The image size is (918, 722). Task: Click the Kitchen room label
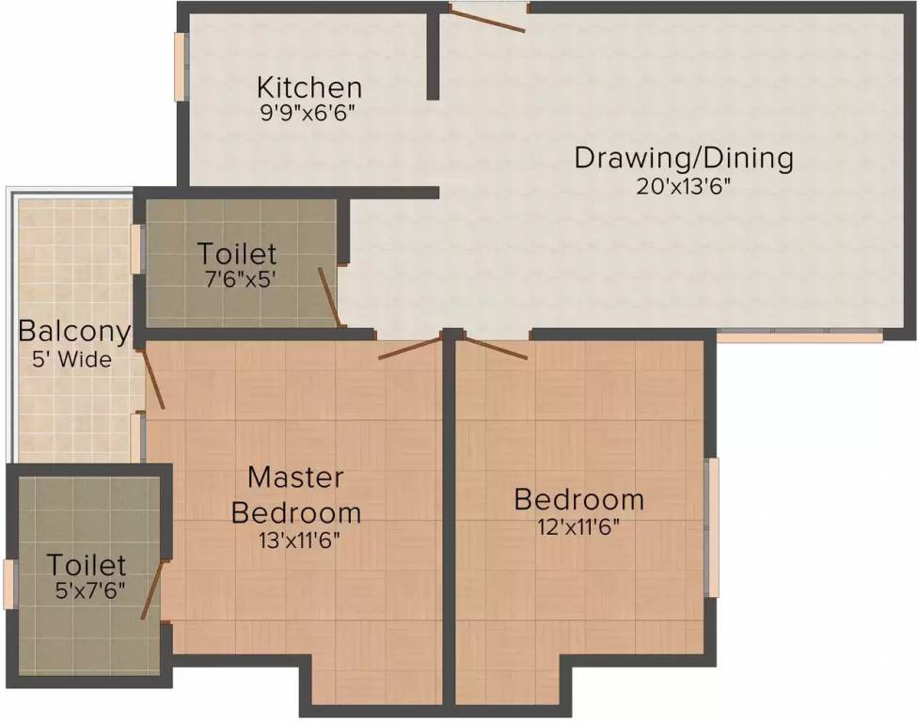[309, 88]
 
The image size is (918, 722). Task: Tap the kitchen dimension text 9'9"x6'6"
[309, 112]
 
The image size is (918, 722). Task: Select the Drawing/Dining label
[684, 158]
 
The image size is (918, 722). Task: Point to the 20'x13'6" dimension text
[684, 185]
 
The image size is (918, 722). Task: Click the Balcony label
[74, 332]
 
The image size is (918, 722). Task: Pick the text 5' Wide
[74, 359]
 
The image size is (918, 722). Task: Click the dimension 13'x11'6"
[296, 540]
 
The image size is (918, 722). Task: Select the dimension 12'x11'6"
[578, 526]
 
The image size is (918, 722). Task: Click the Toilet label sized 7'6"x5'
[237, 254]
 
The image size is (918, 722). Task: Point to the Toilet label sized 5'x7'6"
[87, 566]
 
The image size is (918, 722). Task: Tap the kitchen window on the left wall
[179, 65]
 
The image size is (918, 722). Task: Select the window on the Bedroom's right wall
[713, 527]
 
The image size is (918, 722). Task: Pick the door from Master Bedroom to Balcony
[153, 380]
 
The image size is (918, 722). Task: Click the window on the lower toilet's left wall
[9, 584]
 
